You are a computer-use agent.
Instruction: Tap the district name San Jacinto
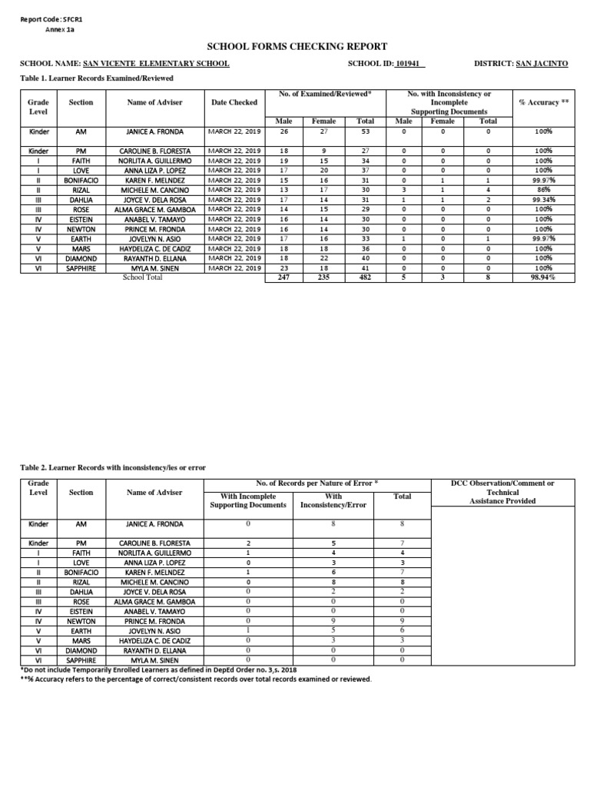542,64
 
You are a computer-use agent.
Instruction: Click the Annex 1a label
60,29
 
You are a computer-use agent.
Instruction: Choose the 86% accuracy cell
543,189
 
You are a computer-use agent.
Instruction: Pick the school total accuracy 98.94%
543,277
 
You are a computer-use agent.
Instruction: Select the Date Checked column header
234,102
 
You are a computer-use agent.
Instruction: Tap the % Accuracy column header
543,102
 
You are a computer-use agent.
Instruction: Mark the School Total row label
143,277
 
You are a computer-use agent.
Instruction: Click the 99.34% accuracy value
543,199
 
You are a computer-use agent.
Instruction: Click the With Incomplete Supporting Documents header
248,500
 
